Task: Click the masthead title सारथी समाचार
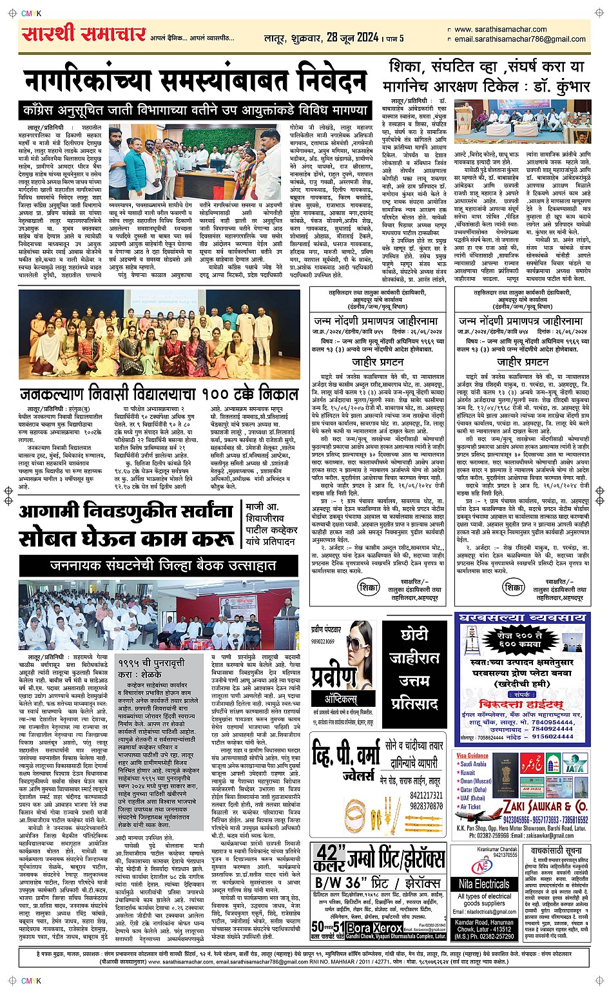pyautogui.click(x=83, y=34)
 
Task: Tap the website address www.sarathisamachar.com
pyautogui.click(x=500, y=30)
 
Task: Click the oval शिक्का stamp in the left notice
pyautogui.click(x=369, y=588)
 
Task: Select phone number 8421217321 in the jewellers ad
pyautogui.click(x=426, y=796)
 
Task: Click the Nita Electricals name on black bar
pyautogui.click(x=484, y=885)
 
